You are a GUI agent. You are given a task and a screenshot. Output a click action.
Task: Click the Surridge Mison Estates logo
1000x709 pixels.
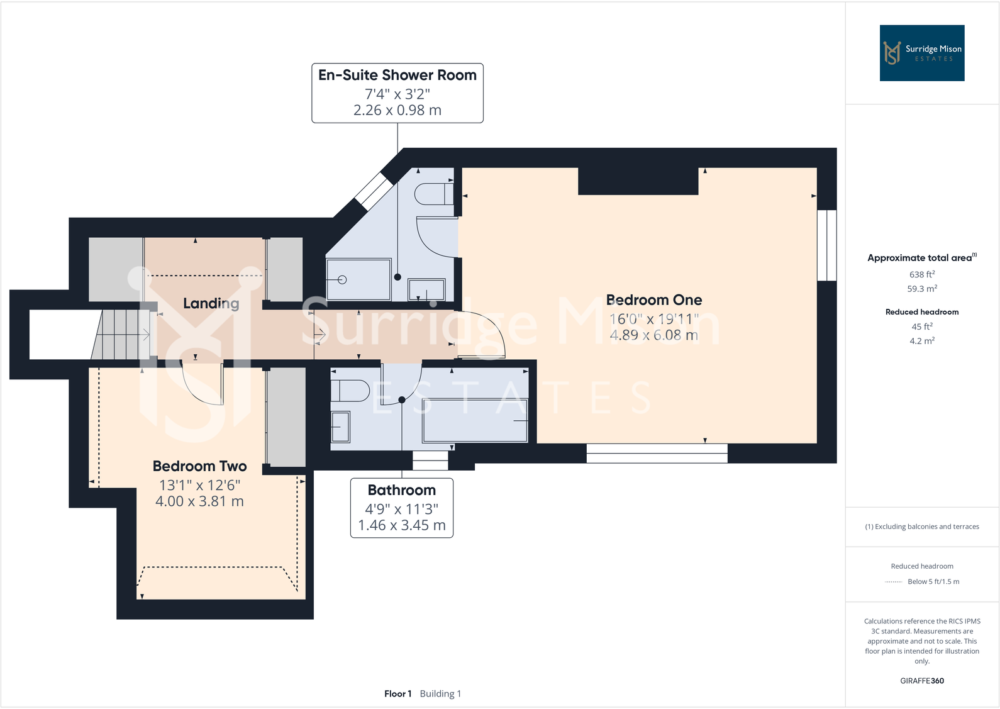click(921, 53)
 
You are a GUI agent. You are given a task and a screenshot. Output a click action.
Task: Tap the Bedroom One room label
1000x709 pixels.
click(653, 300)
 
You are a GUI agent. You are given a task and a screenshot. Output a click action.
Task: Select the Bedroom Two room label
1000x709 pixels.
click(199, 466)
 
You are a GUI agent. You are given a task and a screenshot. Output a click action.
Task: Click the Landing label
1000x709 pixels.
click(211, 304)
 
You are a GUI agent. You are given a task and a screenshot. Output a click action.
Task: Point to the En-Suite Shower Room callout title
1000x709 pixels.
click(397, 75)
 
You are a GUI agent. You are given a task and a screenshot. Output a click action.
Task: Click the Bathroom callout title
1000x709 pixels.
click(401, 490)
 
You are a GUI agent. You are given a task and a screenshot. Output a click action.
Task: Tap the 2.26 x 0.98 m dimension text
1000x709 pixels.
click(397, 111)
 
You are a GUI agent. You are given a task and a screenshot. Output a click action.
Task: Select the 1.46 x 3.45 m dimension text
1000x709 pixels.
click(401, 525)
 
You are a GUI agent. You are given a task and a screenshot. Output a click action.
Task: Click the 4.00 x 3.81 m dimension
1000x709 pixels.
click(199, 501)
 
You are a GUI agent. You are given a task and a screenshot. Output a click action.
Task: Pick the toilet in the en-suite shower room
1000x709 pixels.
click(433, 194)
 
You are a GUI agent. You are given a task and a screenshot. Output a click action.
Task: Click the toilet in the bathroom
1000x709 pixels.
click(350, 391)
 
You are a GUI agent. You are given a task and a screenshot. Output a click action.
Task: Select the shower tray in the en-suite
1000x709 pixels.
click(358, 279)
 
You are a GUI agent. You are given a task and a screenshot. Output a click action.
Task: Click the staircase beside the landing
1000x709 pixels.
click(123, 335)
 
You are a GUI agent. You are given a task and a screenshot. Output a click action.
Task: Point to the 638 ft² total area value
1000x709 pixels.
click(921, 274)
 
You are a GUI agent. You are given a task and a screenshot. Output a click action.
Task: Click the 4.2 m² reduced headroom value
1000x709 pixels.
click(921, 341)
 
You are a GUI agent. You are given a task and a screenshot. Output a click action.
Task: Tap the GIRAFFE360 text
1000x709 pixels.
click(921, 681)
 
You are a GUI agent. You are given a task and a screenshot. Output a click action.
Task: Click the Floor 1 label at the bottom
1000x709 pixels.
click(397, 694)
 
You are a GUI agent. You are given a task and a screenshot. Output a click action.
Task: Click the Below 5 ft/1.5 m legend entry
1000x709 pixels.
click(933, 582)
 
